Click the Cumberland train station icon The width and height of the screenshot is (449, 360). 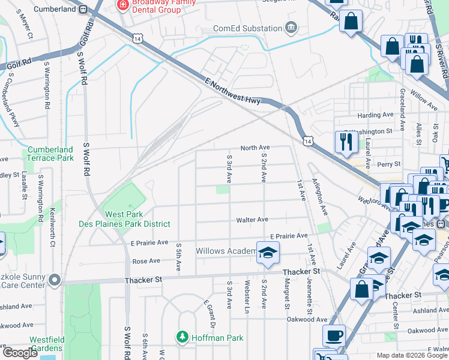click(83, 9)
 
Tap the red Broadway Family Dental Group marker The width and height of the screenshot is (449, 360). click(123, 5)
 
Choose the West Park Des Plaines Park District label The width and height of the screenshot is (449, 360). click(125, 219)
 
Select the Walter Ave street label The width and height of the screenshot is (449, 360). click(252, 220)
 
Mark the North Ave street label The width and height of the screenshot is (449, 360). click(255, 148)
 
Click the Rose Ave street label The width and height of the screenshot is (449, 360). click(146, 261)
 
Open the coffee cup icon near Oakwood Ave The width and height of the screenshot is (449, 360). click(334, 335)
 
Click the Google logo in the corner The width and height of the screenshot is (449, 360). click(20, 353)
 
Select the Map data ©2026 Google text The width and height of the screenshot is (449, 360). click(412, 355)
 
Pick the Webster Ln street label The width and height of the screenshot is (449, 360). click(247, 294)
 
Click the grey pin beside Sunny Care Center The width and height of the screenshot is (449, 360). click(55, 280)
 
